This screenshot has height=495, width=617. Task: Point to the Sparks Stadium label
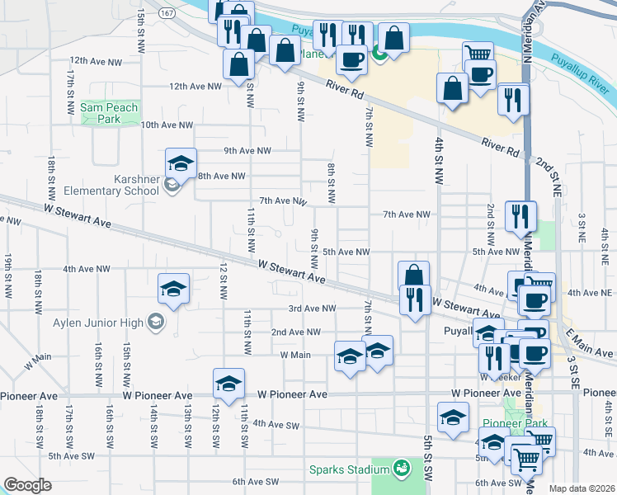tap(349, 469)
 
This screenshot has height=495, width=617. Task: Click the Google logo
tap(27, 485)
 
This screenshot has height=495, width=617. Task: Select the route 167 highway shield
tap(167, 13)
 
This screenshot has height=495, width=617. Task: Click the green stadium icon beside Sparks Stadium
tap(402, 469)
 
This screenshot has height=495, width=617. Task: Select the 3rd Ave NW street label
tap(312, 309)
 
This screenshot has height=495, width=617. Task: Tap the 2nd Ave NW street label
tap(295, 332)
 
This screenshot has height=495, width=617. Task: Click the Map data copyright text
tap(581, 488)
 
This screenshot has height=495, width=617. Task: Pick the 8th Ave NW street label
tap(221, 176)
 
